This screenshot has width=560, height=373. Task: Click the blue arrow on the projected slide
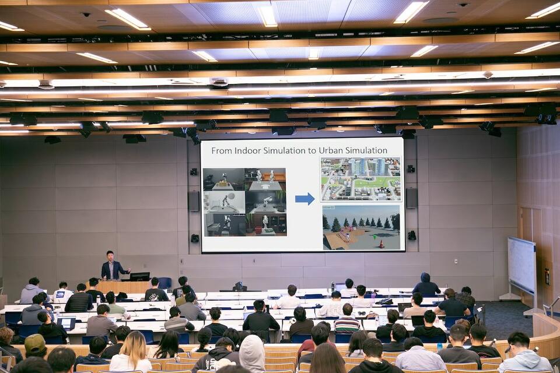pos(304,199)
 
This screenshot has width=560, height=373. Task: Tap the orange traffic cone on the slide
pos(381,244)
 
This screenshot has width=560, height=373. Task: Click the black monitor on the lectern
pos(140,276)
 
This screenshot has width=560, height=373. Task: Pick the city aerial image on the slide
pos(360,178)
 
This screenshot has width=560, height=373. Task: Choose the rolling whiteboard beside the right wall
pos(521,265)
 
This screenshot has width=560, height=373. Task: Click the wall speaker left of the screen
pos(194,201)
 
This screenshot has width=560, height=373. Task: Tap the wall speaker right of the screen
pos(411,198)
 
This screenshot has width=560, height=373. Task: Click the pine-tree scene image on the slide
pos(361,227)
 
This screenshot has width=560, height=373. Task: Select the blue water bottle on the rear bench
pos(439,347)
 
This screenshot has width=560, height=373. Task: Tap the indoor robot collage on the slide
pos(244,202)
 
